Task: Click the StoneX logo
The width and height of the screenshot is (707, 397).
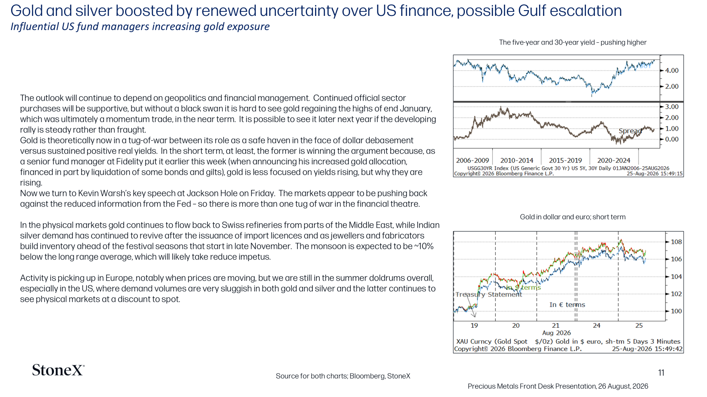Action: pyautogui.click(x=58, y=370)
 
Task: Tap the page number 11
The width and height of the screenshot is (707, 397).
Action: pyautogui.click(x=661, y=373)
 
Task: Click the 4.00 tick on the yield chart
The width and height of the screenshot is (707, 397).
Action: pyautogui.click(x=672, y=71)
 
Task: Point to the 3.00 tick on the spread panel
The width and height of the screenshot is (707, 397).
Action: pyautogui.click(x=672, y=107)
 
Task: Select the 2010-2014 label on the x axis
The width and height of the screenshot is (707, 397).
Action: pyautogui.click(x=517, y=161)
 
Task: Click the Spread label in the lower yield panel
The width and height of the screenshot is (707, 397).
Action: pyautogui.click(x=630, y=131)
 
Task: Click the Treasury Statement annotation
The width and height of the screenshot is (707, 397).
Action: pyautogui.click(x=489, y=295)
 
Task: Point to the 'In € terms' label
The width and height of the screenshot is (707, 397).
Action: pyautogui.click(x=567, y=305)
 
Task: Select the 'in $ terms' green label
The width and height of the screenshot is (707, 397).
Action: pyautogui.click(x=523, y=287)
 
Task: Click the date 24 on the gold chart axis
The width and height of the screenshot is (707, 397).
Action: pyautogui.click(x=597, y=326)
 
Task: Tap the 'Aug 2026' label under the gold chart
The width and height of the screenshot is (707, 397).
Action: pyautogui.click(x=556, y=333)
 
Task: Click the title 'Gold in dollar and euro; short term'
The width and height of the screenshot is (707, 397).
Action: pyautogui.click(x=573, y=217)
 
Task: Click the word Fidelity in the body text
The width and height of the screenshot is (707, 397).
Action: pyautogui.click(x=130, y=161)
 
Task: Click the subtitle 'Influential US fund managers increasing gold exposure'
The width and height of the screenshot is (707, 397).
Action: pyautogui.click(x=140, y=26)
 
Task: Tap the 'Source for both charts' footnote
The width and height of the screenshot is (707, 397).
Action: pyautogui.click(x=343, y=376)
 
